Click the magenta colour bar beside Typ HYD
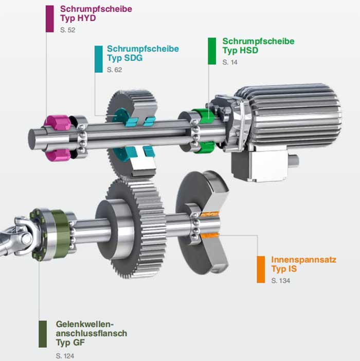click(49, 19)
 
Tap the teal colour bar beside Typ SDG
click(99, 59)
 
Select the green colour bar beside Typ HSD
click(212, 51)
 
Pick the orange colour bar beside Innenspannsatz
click(261, 269)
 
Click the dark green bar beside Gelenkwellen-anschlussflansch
click(43, 334)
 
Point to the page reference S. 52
click(67, 30)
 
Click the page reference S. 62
click(115, 70)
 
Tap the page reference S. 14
click(230, 62)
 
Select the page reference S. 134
click(281, 281)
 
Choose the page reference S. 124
click(65, 356)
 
